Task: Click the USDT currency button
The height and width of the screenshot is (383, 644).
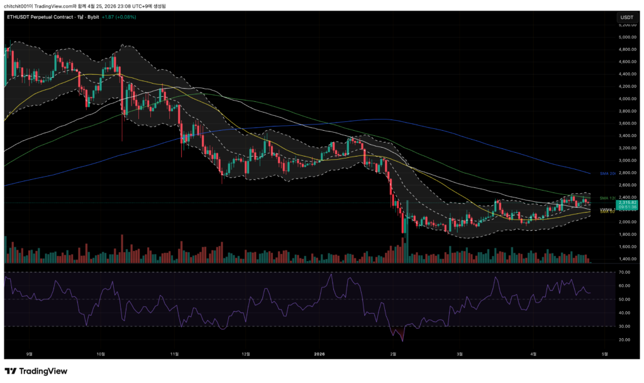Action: pos(626,17)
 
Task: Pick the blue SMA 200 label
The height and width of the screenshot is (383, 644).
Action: pos(608,173)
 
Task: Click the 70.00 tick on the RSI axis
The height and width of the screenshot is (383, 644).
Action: pos(624,272)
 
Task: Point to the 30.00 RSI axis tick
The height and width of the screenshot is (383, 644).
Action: pos(624,326)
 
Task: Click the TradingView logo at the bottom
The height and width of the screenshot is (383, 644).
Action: pos(36,371)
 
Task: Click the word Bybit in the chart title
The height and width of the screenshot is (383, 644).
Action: pos(99,17)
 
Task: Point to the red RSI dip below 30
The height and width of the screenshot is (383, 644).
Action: pos(400,335)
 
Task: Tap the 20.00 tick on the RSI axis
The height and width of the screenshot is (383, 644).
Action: pos(624,340)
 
